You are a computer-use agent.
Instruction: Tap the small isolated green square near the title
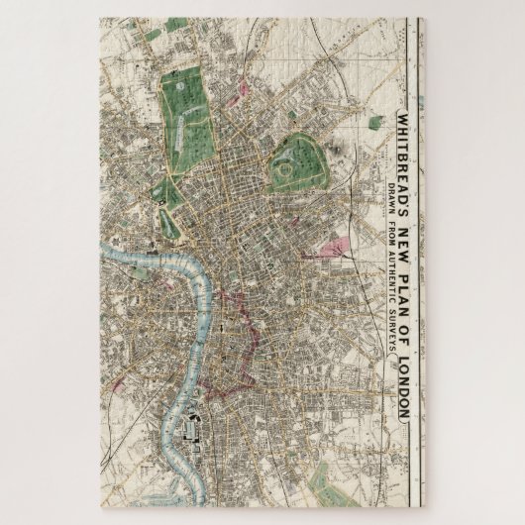tap(374, 123)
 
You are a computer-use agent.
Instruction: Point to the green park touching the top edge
tap(175, 25)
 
